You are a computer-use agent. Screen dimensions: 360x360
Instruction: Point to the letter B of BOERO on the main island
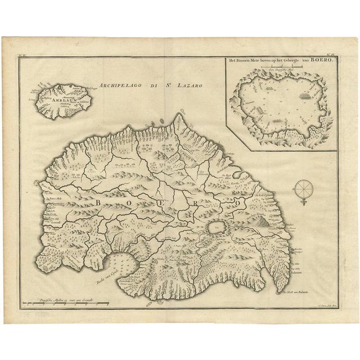pyautogui.click(x=101, y=200)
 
